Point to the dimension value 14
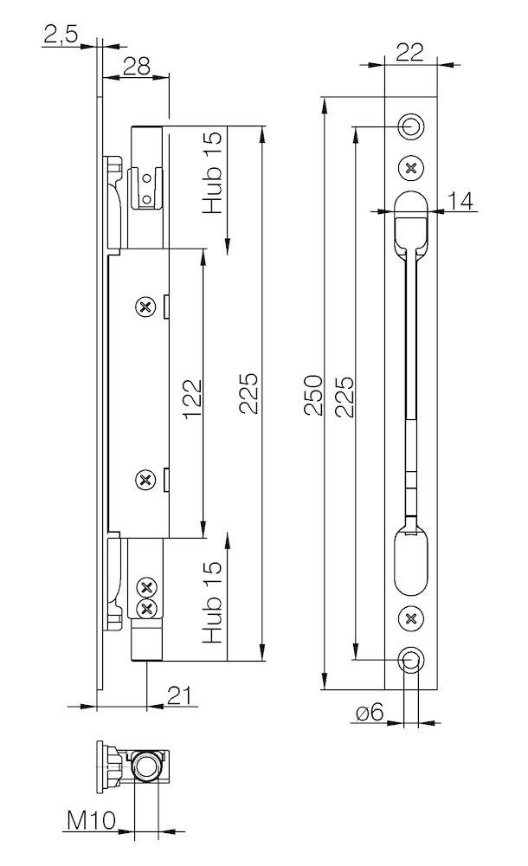(461, 201)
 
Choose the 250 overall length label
(313, 395)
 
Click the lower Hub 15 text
(212, 602)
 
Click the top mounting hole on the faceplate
(412, 126)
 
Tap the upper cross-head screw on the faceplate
(412, 167)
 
